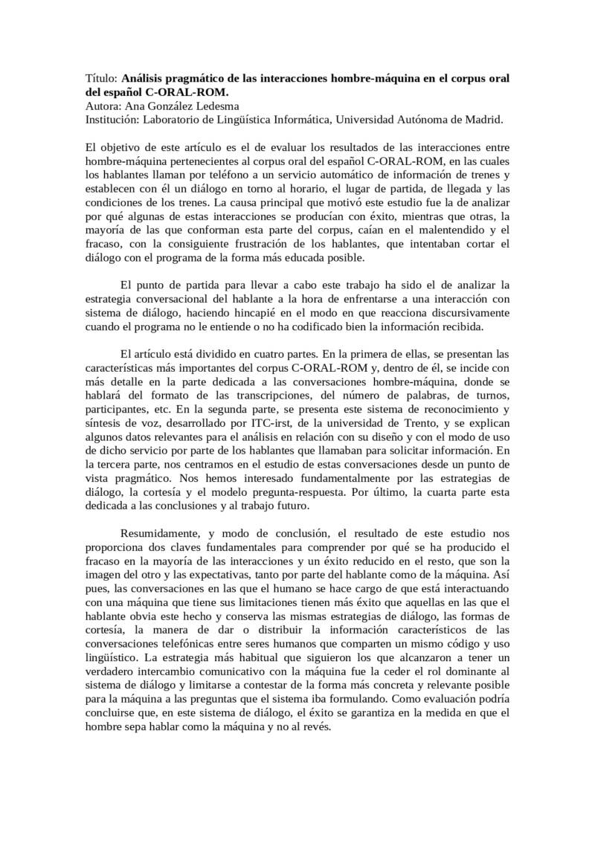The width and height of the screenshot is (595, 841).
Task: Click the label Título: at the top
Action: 102,78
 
